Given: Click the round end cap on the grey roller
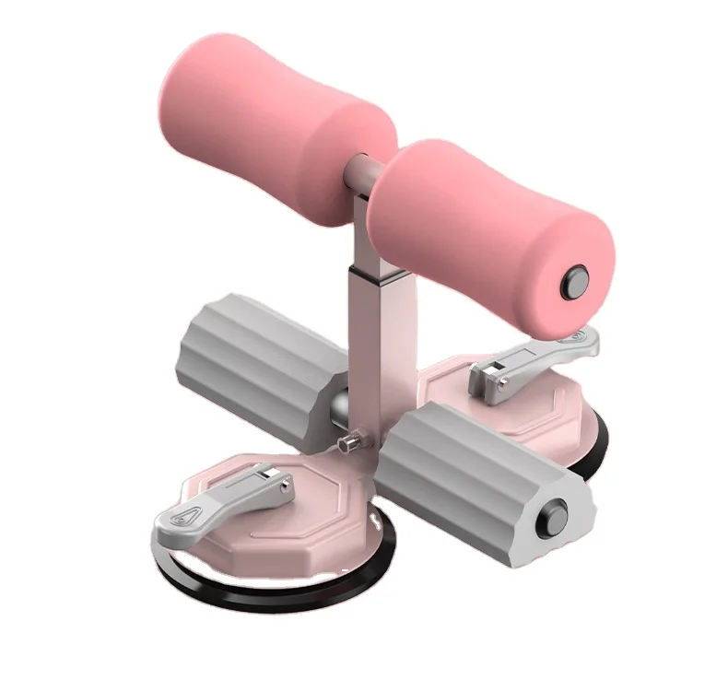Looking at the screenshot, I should [555, 512].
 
